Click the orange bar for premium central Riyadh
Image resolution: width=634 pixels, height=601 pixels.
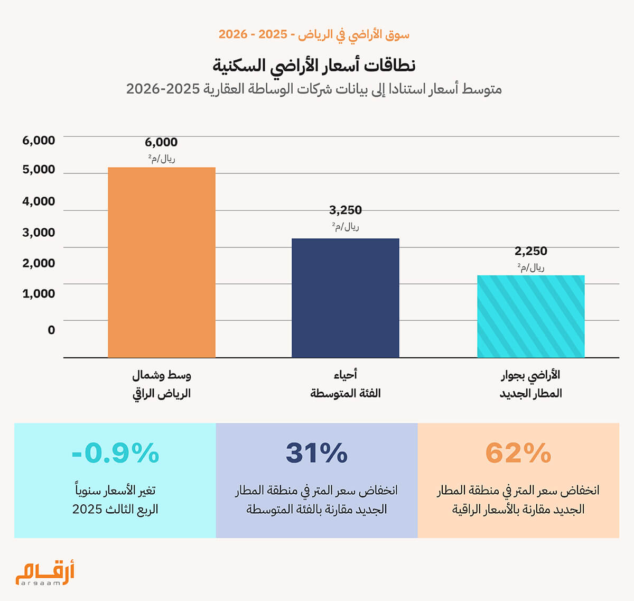[162, 262]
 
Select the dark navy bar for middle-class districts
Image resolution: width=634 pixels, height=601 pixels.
[346, 298]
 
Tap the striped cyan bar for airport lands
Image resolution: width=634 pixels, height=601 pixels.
[531, 316]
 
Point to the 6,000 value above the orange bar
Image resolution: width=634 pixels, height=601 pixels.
[161, 142]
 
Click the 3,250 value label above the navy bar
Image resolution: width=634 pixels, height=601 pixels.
[346, 210]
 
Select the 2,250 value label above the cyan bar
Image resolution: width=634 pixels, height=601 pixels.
[531, 251]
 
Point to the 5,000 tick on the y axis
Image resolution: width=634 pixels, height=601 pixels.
[39, 170]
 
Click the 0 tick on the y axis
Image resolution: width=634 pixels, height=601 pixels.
[51, 330]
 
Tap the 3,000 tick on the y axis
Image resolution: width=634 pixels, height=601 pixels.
[39, 233]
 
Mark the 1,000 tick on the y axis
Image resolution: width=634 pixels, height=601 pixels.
[39, 293]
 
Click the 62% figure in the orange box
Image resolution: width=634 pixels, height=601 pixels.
[518, 453]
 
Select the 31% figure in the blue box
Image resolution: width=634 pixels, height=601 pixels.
[316, 453]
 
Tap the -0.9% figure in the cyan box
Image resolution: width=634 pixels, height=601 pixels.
[115, 453]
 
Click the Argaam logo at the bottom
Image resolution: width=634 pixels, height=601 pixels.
[45, 573]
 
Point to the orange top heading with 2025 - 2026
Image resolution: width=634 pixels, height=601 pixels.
[314, 34]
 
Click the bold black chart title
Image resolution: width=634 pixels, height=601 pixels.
[314, 66]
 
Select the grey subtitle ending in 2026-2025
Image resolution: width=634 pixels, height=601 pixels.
[314, 89]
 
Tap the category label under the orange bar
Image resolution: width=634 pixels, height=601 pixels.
[161, 384]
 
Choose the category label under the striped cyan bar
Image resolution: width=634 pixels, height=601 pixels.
[531, 384]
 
